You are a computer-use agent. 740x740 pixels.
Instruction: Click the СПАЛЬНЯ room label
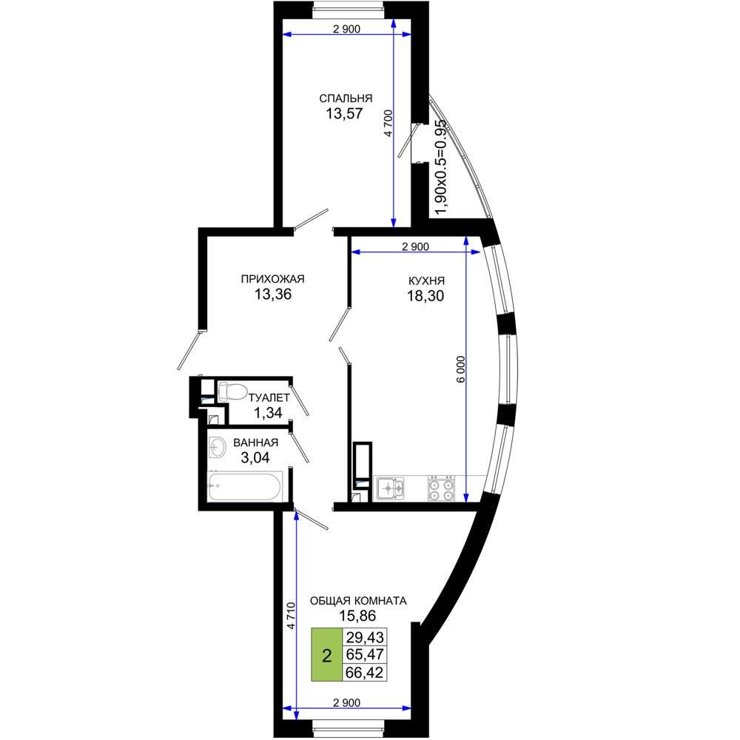pos(346,98)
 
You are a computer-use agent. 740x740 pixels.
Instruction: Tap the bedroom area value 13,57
pos(344,113)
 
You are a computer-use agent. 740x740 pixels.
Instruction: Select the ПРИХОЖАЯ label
pos(273,279)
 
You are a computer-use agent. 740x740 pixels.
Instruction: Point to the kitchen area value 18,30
pos(425,296)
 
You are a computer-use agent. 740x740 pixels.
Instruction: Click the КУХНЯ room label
pos(427,280)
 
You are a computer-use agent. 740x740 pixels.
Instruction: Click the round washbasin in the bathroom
pos(218,446)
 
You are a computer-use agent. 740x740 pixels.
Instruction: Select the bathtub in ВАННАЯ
pos(245,486)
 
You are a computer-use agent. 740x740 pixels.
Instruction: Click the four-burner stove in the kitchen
pos(441,488)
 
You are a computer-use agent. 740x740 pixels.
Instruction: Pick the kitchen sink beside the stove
pos(389,488)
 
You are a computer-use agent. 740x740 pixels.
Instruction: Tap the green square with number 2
pos(326,655)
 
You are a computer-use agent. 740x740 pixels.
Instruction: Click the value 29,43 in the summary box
pos(365,637)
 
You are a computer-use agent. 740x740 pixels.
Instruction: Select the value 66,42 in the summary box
pos(365,672)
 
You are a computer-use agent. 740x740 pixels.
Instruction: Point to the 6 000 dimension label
pos(461,369)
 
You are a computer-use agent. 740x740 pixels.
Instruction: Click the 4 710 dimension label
pos(291,616)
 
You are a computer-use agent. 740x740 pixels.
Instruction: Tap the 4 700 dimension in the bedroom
pos(388,123)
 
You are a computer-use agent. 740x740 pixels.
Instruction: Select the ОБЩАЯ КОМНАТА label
pos(358,601)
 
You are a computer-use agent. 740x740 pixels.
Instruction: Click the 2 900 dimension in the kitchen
pos(415,246)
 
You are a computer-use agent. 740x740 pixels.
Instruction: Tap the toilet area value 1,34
pos(268,413)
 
